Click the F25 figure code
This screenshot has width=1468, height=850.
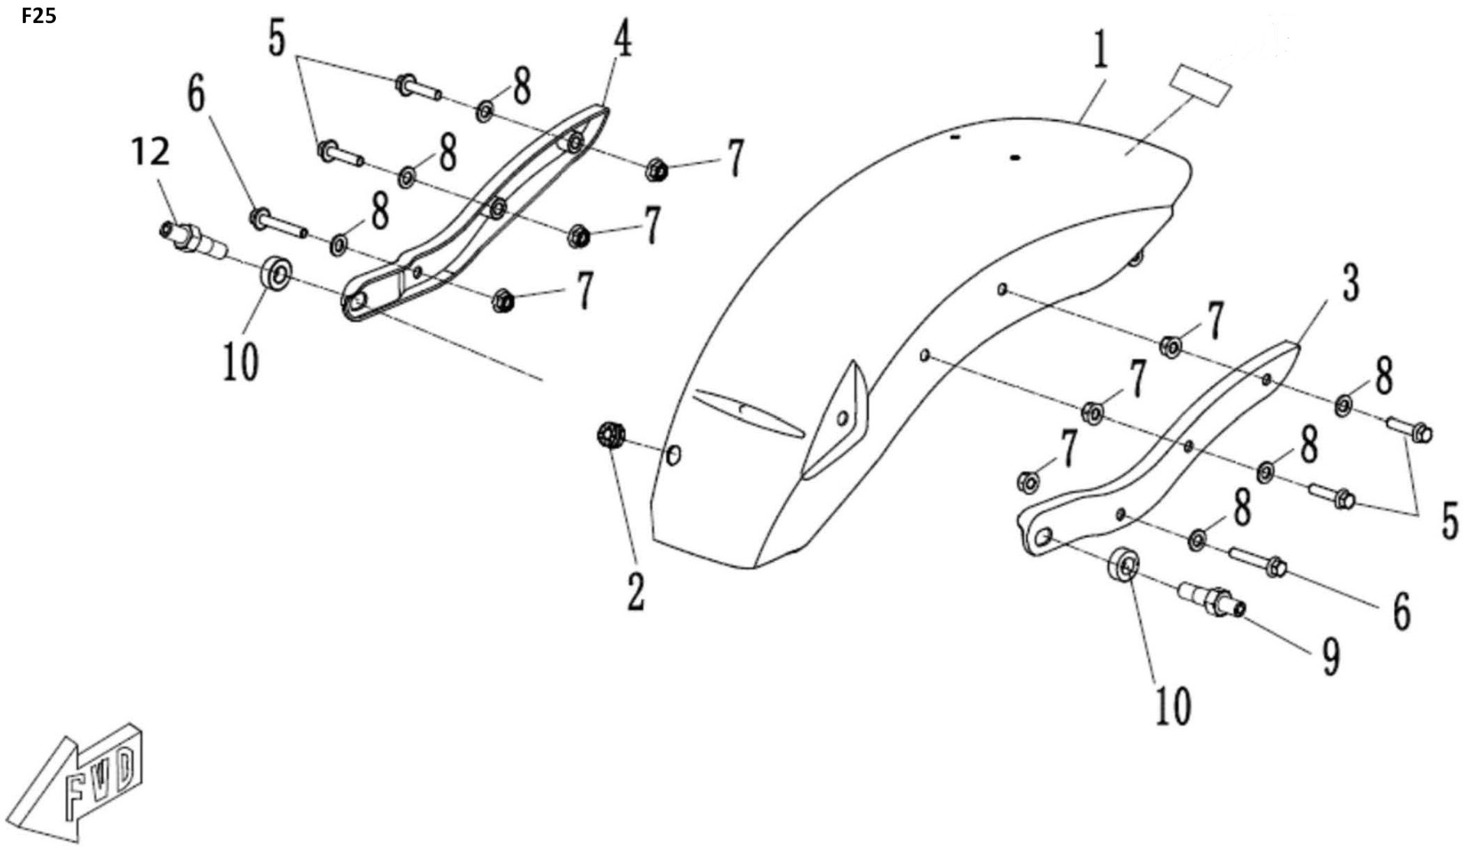pos(38,15)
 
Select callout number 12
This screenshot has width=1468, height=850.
pos(150,152)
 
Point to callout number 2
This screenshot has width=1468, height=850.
pos(635,592)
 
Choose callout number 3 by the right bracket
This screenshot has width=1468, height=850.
pos(1351,282)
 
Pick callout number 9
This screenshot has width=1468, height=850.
pos(1331,657)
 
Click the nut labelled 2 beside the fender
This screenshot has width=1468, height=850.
pos(610,436)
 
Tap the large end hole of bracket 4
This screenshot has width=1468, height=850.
pos(356,303)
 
